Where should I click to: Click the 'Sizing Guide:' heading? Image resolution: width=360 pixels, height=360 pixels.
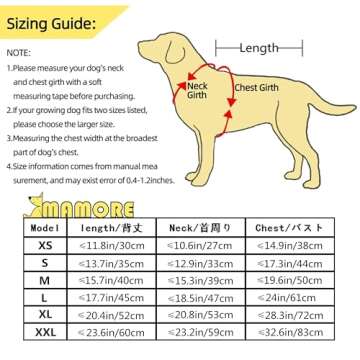click(x=51, y=21)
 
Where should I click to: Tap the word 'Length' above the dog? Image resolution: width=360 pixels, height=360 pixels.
click(x=260, y=47)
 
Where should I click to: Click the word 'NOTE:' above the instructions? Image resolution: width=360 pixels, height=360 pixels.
click(x=18, y=51)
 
